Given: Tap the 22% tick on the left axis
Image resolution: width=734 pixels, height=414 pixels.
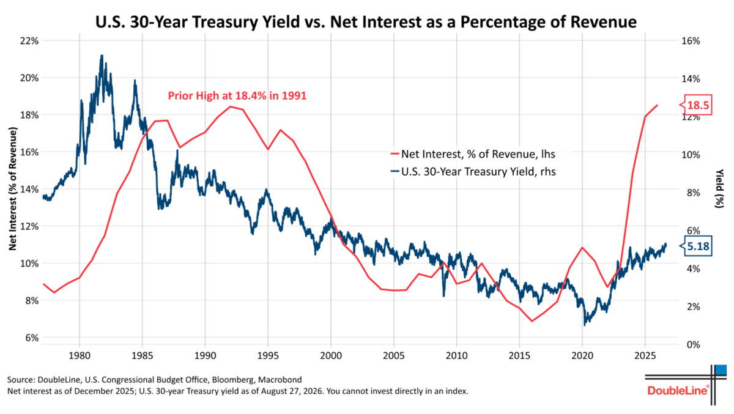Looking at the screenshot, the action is [x=29, y=41].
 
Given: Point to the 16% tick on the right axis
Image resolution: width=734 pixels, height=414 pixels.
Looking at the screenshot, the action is [x=691, y=41].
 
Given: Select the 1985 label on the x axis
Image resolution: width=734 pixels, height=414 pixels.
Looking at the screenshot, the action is [x=142, y=355].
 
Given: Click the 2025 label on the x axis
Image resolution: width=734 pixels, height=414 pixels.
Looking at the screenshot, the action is [x=645, y=355].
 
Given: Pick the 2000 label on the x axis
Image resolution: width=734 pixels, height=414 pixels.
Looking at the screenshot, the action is [x=331, y=355].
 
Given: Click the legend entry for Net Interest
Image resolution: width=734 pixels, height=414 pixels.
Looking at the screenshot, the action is [x=473, y=154].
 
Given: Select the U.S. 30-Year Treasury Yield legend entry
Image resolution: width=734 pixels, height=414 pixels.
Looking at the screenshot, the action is [x=473, y=172].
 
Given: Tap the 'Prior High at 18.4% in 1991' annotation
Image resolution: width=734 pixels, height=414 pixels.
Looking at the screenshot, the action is [x=237, y=95].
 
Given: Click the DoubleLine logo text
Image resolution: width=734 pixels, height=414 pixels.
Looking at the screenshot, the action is [x=678, y=391].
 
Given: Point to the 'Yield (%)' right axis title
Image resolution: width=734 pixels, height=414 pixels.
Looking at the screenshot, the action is [x=719, y=188].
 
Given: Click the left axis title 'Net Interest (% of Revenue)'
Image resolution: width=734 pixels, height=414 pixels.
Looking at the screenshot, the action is [x=12, y=189].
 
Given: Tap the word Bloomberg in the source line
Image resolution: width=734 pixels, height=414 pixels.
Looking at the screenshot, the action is [x=232, y=380].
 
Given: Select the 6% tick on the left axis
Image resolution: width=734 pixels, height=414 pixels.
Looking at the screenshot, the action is [x=31, y=338].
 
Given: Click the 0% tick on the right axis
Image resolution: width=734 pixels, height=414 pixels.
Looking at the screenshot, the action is [x=691, y=344].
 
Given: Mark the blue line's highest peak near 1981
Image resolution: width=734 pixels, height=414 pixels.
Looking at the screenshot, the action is [x=102, y=56].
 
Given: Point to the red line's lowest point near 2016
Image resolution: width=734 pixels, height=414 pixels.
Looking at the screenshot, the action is [x=532, y=321].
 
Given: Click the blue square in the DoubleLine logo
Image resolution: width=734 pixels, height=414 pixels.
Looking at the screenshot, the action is [x=721, y=369].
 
